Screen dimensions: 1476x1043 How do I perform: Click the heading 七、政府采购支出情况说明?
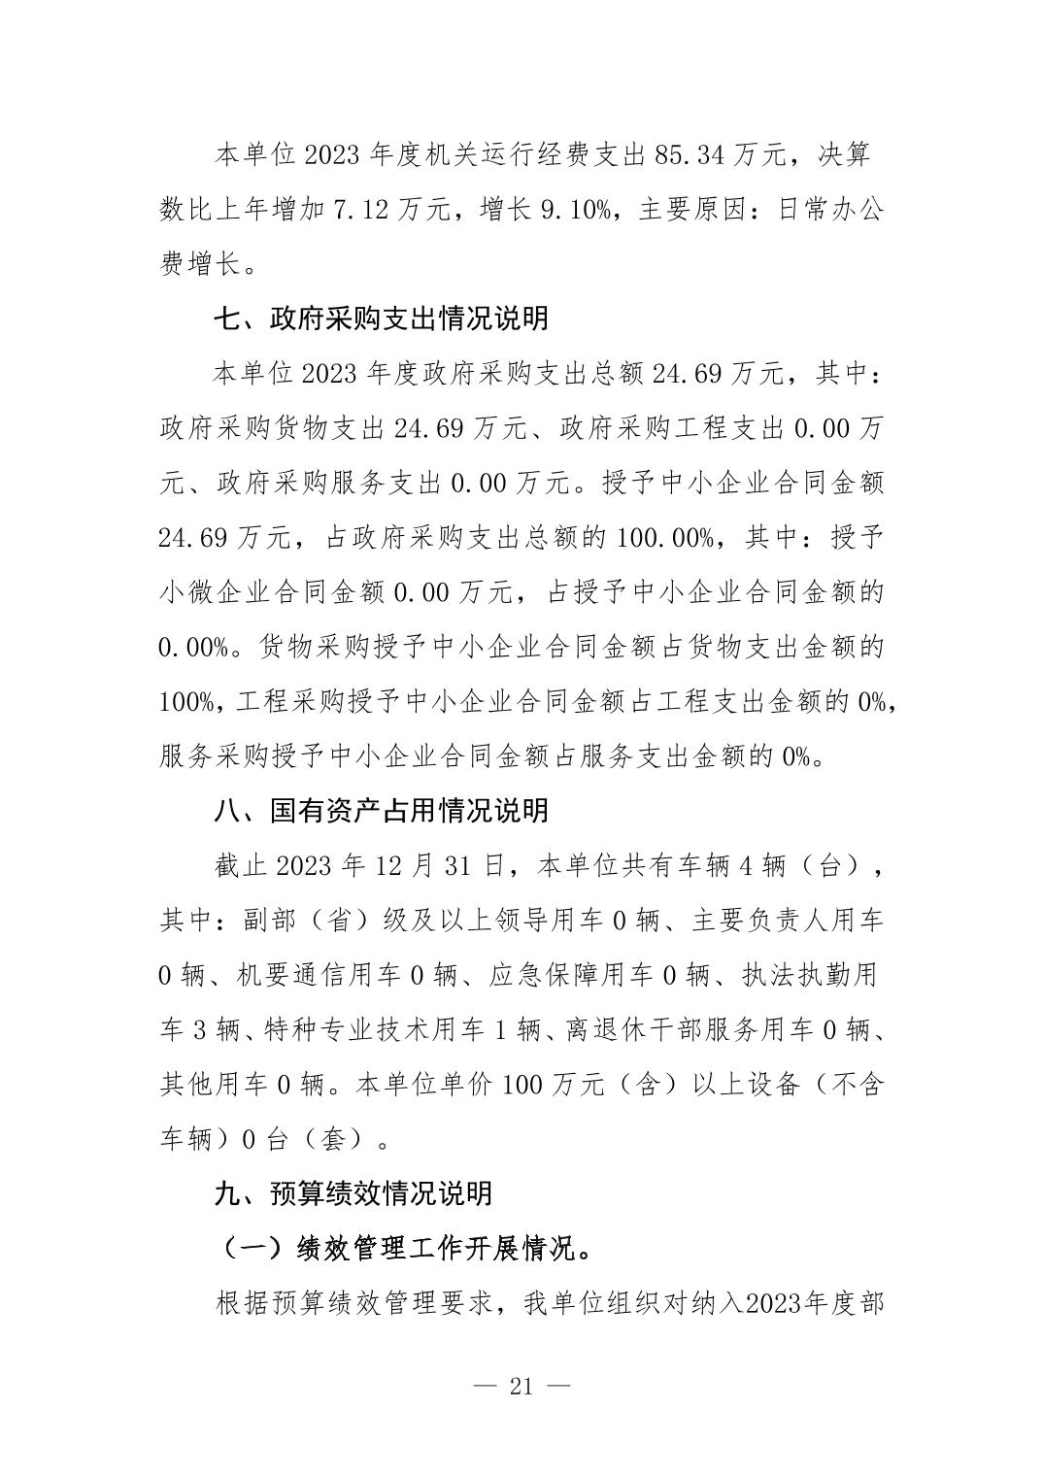381,318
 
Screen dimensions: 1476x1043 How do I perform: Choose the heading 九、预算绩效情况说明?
353,1192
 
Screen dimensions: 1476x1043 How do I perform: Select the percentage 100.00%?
664,537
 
